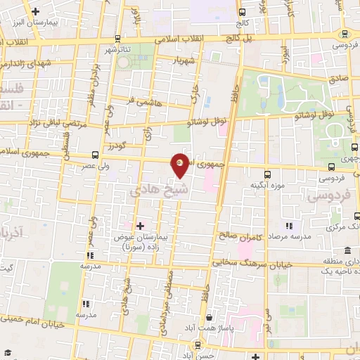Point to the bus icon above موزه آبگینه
tap(267, 174)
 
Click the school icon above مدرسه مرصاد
tap(288, 226)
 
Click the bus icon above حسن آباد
tap(198, 345)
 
